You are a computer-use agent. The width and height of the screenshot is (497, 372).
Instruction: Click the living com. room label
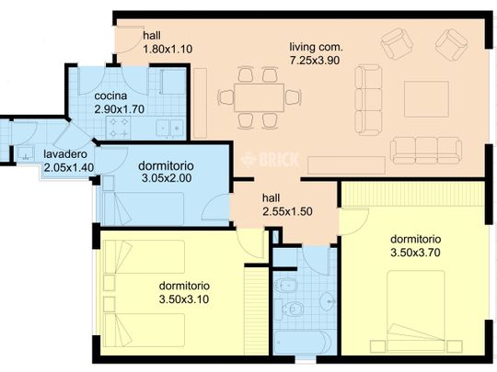pyautogui.click(x=316, y=47)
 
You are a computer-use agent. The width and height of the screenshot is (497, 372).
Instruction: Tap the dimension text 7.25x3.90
pyautogui.click(x=315, y=60)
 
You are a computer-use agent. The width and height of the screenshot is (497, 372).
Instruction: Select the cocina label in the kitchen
pyautogui.click(x=110, y=96)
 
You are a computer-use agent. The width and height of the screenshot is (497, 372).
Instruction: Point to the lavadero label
pyautogui.click(x=65, y=154)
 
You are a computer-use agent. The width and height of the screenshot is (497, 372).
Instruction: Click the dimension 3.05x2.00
pyautogui.click(x=167, y=178)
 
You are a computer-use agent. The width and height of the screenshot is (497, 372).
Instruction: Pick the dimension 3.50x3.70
pyautogui.click(x=415, y=253)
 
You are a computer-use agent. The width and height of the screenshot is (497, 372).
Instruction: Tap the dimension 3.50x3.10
pyautogui.click(x=184, y=299)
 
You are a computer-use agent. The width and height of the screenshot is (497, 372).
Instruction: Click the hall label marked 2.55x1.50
pyautogui.click(x=271, y=198)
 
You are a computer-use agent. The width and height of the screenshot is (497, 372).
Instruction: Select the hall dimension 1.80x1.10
pyautogui.click(x=168, y=49)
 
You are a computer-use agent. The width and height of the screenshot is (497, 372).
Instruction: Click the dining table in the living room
pyautogui.click(x=259, y=97)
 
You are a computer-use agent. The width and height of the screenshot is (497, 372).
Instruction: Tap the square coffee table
pyautogui.click(x=427, y=99)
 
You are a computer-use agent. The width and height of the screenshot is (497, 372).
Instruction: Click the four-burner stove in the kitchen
pyautogui.click(x=119, y=128)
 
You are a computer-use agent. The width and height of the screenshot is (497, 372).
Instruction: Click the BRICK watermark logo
pyautogui.click(x=270, y=159)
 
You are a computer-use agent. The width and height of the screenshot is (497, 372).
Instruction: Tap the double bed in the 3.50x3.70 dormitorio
pyautogui.click(x=415, y=311)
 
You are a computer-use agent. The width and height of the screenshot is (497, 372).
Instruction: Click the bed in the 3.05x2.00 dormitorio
pyautogui.click(x=144, y=209)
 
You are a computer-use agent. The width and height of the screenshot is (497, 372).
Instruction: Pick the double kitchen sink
pyautogui.click(x=169, y=128)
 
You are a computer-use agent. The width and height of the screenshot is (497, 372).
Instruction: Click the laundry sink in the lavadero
pyautogui.click(x=26, y=152)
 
